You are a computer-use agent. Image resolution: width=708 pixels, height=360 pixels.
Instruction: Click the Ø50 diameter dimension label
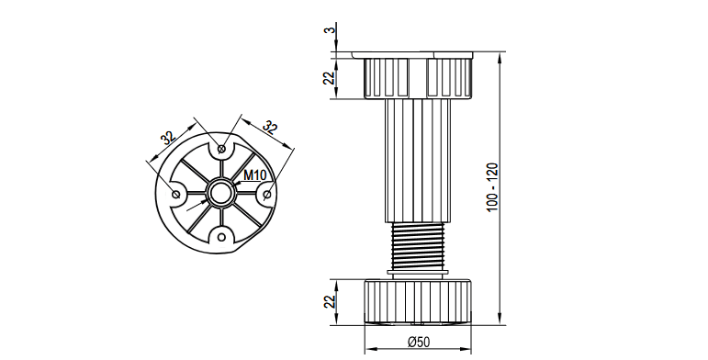click(418, 342)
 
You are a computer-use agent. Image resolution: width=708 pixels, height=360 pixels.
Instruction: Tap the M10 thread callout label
click(255, 174)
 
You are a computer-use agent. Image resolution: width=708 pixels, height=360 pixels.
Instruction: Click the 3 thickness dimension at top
click(332, 29)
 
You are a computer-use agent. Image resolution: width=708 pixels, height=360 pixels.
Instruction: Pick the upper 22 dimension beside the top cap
click(331, 77)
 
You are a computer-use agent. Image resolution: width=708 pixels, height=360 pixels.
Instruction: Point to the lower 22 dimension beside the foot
click(331, 301)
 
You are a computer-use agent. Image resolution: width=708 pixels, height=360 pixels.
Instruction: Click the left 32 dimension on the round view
click(168, 138)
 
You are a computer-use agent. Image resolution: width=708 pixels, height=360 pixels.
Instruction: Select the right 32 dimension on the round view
click(270, 128)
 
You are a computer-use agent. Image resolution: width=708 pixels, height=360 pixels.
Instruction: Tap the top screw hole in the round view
click(221, 148)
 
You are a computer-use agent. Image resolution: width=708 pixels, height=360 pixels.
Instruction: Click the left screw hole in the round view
click(176, 194)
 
